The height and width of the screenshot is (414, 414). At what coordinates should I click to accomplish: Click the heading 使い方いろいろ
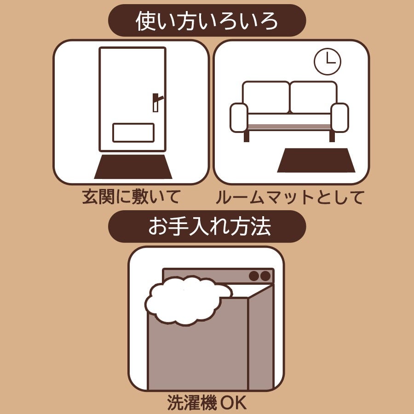(207, 21)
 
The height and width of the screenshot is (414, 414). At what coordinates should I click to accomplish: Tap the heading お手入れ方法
(209, 226)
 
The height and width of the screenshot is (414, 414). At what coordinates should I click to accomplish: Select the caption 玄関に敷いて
(131, 197)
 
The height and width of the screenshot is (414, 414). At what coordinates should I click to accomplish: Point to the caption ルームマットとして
(290, 197)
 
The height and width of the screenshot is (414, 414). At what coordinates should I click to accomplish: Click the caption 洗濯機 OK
(207, 402)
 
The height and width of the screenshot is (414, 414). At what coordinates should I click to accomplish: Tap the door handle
(157, 102)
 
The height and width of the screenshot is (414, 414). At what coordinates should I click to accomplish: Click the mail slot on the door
(133, 132)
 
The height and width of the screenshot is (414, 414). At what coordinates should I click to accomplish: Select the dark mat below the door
(133, 167)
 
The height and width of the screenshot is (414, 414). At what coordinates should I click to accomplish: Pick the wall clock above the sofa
(328, 62)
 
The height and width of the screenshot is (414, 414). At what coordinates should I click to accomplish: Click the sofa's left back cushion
(266, 98)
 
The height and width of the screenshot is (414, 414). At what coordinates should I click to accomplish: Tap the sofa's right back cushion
(313, 98)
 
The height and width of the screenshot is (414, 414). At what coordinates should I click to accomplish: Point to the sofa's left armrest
(239, 117)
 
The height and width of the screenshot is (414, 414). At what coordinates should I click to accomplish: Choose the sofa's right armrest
(340, 117)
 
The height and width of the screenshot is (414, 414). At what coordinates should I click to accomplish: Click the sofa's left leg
(247, 137)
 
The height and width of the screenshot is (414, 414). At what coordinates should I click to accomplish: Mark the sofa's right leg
(332, 137)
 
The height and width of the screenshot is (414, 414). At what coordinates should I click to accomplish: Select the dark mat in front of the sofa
(316, 160)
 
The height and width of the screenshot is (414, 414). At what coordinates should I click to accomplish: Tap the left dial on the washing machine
(254, 276)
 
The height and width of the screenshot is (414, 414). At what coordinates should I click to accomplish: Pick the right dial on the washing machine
(265, 276)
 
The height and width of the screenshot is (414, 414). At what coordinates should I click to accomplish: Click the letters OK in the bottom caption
(233, 403)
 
